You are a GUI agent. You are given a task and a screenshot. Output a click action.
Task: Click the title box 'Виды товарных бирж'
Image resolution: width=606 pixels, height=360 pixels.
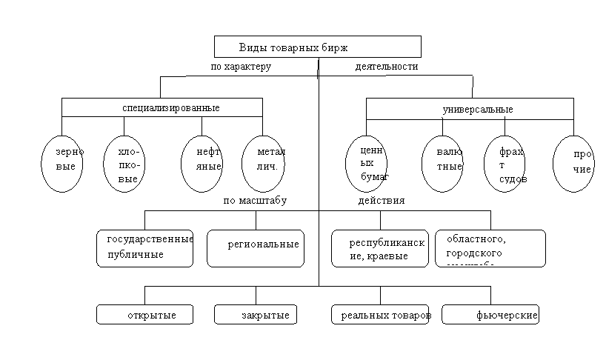tap(317, 47)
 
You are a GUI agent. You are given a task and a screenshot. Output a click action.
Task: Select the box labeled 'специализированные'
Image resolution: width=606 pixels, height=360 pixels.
tap(162, 108)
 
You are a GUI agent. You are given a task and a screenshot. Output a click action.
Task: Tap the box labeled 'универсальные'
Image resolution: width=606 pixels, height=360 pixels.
tap(470, 110)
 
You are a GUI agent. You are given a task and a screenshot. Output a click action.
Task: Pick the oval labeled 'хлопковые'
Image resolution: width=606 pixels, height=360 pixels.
tap(124, 163)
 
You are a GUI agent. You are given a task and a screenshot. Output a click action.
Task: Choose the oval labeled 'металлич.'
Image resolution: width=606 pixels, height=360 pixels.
tap(263, 159)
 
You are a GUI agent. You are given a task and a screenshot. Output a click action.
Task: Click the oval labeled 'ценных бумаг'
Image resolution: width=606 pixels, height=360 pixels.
tap(367, 164)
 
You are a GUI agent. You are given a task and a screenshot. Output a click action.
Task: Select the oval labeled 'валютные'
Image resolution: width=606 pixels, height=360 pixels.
tap(442, 159)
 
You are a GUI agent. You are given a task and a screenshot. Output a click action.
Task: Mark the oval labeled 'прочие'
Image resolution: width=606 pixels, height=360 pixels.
tap(574, 161)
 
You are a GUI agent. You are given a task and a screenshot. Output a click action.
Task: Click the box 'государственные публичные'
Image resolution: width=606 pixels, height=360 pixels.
tap(145, 248)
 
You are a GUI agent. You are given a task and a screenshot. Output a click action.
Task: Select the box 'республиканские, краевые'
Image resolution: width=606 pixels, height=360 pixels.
tap(380, 248)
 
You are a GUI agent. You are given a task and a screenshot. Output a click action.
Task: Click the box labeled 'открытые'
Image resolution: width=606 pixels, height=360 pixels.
tap(145, 315)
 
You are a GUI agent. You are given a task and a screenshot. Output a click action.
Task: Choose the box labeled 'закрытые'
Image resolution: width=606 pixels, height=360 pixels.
tap(256, 315)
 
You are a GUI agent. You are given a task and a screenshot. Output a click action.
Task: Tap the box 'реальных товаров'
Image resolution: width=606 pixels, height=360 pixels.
tap(380, 315)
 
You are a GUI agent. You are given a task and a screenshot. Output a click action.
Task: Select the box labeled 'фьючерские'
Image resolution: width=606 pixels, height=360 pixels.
tap(490, 315)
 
